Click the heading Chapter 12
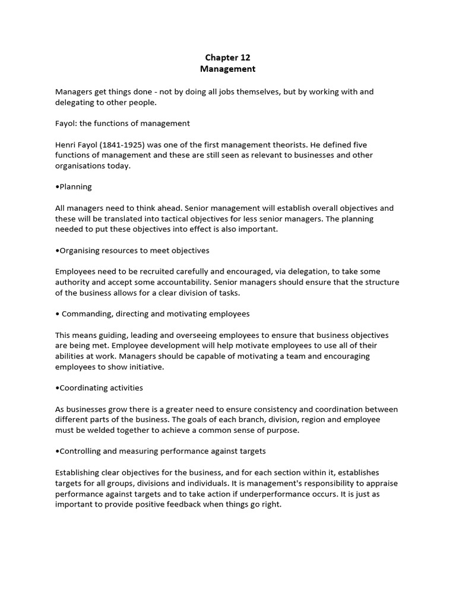227,58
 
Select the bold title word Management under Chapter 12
227,69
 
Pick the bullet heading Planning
75,186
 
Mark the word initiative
147,367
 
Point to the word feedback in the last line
185,504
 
